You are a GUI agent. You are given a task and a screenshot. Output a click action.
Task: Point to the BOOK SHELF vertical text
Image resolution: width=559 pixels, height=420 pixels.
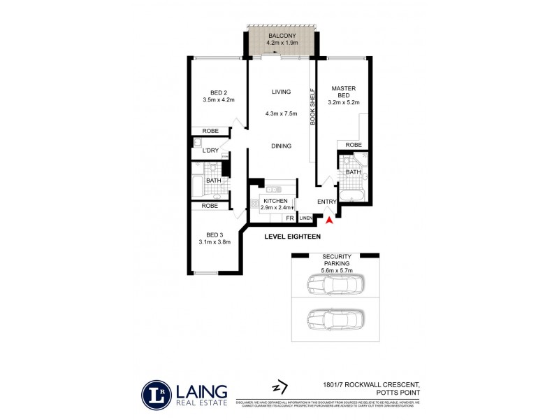313,106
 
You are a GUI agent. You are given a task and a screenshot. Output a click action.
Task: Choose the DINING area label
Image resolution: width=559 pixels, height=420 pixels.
281,146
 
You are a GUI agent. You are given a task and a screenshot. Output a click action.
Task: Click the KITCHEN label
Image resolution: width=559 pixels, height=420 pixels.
276,201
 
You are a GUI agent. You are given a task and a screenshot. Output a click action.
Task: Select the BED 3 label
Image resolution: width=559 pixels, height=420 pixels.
214,234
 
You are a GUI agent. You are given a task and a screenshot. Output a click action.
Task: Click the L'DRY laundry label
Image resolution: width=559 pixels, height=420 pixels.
210,150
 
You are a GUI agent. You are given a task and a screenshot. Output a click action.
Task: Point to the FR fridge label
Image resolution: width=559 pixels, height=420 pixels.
289,218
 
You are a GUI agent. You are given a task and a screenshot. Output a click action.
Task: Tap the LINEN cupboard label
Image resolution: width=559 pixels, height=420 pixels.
306,218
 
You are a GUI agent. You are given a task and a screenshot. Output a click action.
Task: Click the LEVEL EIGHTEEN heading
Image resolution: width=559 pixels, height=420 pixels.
292,237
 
